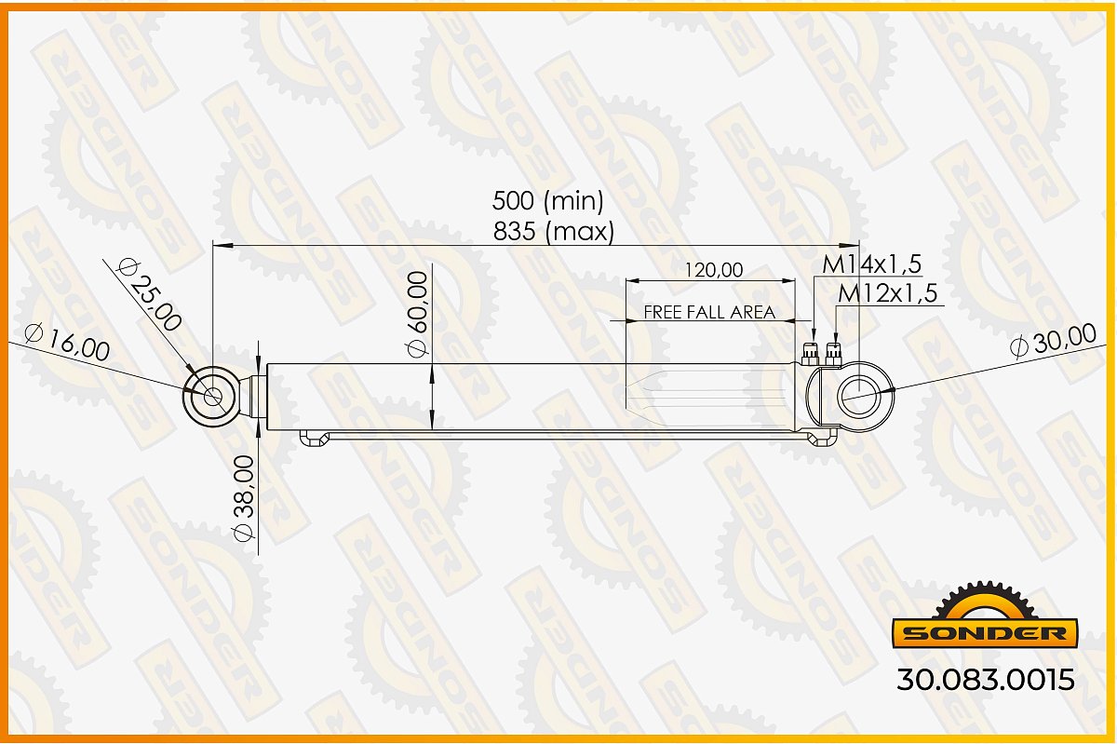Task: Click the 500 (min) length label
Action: tap(547, 201)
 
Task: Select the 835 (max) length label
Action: tap(554, 232)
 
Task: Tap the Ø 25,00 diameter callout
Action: tap(148, 295)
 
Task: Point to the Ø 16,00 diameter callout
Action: tap(67, 342)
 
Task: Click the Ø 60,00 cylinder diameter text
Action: tap(418, 315)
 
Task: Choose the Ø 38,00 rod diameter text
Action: tap(244, 498)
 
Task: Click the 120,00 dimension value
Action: tap(714, 270)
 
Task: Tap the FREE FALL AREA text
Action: tap(709, 312)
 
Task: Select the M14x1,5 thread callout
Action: tap(871, 264)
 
